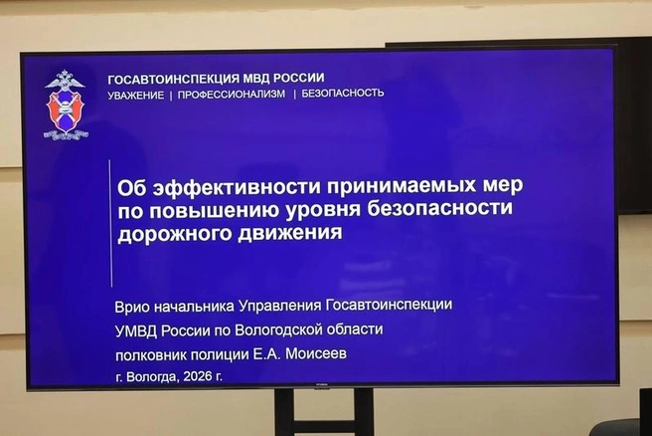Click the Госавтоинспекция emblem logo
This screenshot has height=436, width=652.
tap(67, 106)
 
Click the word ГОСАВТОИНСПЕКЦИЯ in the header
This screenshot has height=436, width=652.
tap(173, 79)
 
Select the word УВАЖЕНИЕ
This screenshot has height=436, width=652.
tap(136, 96)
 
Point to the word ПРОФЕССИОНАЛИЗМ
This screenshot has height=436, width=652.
tap(232, 95)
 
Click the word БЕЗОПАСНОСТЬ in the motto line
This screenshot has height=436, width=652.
tap(343, 93)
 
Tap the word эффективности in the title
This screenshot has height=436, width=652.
tap(237, 187)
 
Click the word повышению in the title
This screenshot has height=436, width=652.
tap(215, 210)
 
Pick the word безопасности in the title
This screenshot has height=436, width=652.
tap(440, 208)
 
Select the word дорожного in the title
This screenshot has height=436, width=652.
tap(175, 234)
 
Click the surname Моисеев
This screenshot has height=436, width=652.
tap(316, 354)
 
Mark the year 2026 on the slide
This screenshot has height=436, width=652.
tap(198, 376)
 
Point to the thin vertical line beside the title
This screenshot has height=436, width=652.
tap(111, 224)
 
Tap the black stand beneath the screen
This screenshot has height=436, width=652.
tap(324, 412)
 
